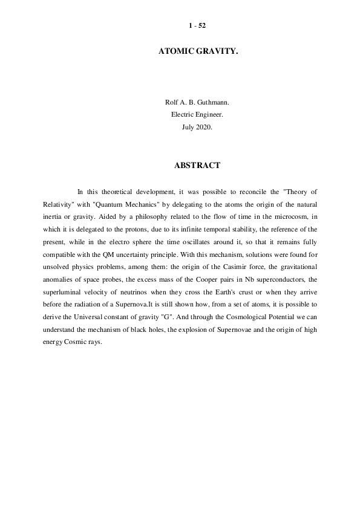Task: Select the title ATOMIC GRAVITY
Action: click(197, 53)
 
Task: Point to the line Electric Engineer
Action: click(197, 115)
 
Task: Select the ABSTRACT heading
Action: click(197, 165)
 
